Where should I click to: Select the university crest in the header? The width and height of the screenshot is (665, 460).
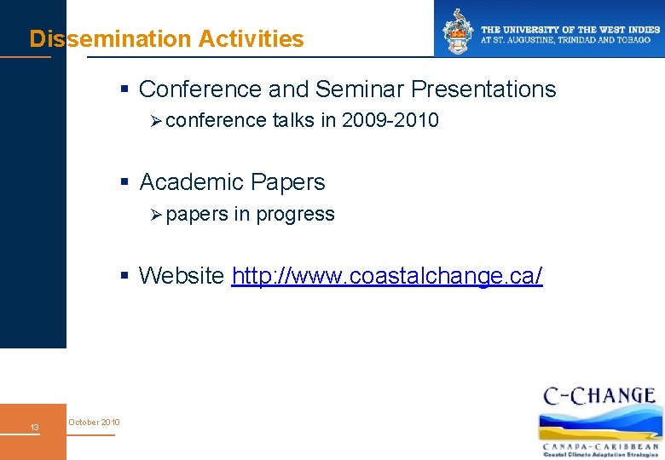pyautogui.click(x=457, y=30)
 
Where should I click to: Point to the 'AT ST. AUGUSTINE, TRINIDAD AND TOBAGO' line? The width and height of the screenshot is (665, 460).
pyautogui.click(x=565, y=40)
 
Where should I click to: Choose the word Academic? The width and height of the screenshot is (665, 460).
pyautogui.click(x=188, y=182)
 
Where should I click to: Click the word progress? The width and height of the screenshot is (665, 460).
pyautogui.click(x=295, y=215)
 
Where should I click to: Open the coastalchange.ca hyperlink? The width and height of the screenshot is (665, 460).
pyautogui.click(x=386, y=276)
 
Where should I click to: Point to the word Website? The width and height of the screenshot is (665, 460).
pyautogui.click(x=182, y=276)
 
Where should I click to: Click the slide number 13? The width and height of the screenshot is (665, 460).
pyautogui.click(x=34, y=427)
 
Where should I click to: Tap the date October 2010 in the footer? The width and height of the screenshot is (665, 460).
pyautogui.click(x=94, y=423)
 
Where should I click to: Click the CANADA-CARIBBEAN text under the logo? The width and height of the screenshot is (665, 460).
pyautogui.click(x=600, y=446)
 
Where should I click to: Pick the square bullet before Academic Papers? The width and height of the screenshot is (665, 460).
pyautogui.click(x=125, y=182)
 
